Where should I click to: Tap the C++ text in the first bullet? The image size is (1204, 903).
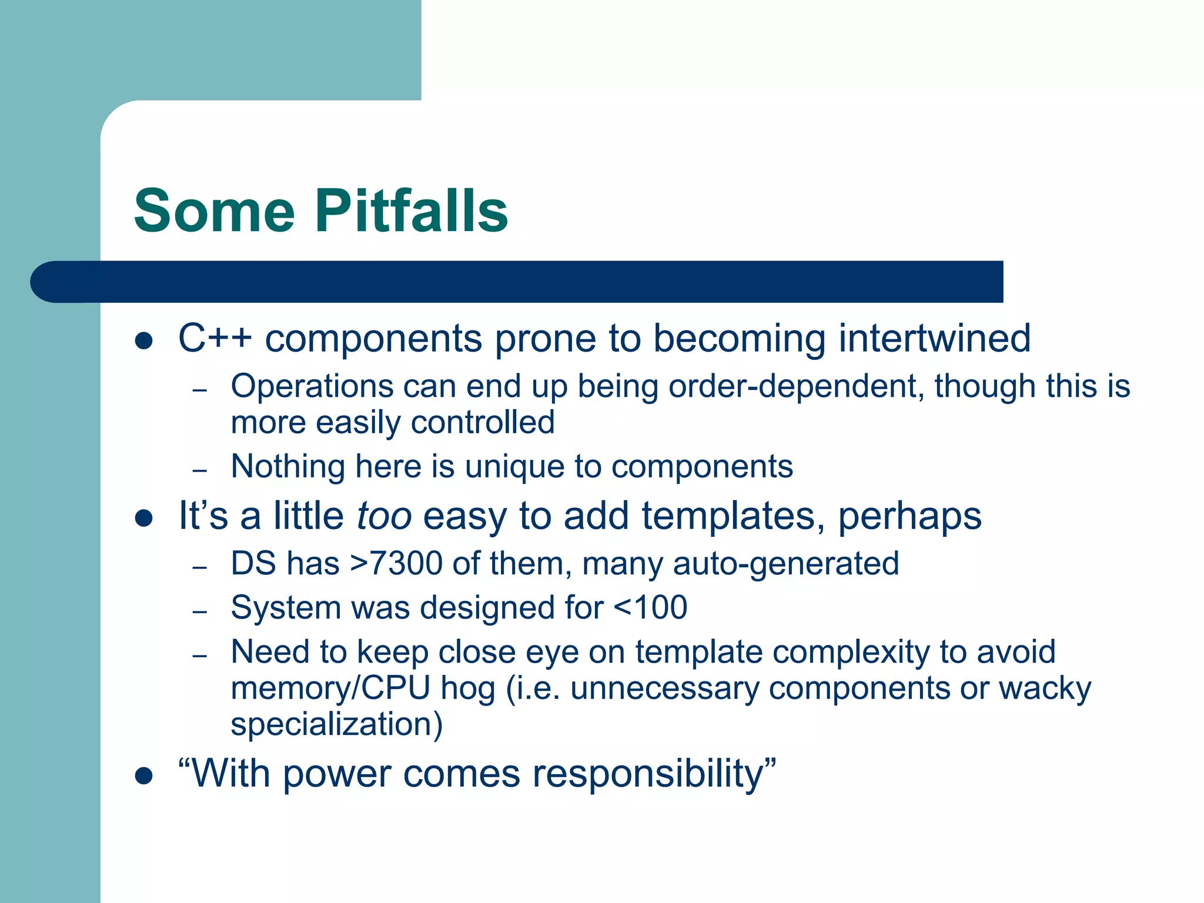[x=215, y=339]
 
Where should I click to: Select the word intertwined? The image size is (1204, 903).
[x=934, y=339]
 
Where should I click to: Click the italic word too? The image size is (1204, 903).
[x=384, y=516]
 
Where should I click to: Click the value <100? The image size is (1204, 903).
[x=650, y=607]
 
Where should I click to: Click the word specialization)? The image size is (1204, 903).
[x=336, y=724]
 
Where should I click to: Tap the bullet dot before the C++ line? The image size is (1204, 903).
[x=143, y=340]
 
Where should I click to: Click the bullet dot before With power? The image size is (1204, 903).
[x=143, y=775]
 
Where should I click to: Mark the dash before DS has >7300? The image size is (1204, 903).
[x=200, y=567]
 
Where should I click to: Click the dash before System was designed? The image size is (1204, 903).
[x=200, y=611]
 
